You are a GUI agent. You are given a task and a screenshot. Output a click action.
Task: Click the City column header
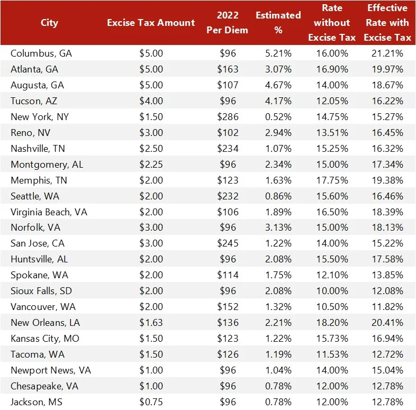49,23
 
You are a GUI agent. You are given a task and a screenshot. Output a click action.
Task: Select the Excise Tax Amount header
151,23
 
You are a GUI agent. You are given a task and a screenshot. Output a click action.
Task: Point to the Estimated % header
278,23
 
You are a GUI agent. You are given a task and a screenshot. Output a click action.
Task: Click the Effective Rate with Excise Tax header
387,23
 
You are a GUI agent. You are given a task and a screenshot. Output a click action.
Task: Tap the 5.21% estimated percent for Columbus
278,53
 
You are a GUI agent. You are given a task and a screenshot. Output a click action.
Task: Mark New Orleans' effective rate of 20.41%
387,323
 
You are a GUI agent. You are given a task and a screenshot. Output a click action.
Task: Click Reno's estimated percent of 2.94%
278,133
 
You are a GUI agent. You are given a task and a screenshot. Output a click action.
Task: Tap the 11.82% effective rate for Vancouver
387,307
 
